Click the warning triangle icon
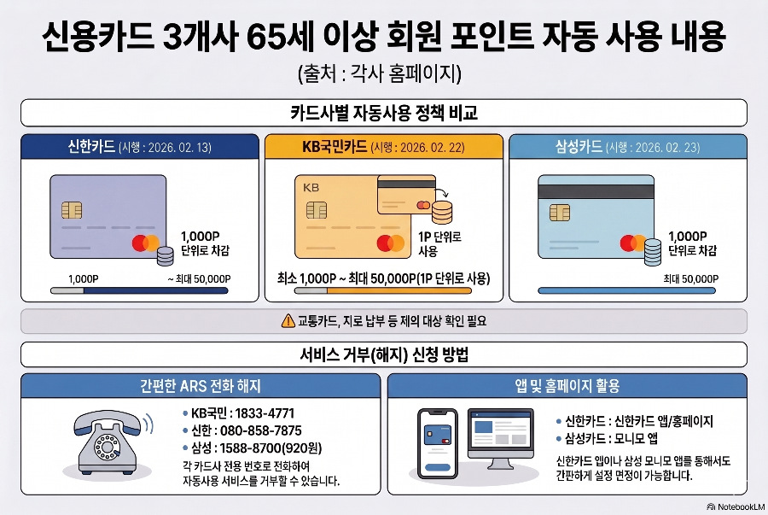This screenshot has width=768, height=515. click(287, 321)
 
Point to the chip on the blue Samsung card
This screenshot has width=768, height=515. click(560, 211)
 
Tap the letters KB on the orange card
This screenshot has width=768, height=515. click(310, 185)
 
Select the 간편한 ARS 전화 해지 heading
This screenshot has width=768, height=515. click(200, 386)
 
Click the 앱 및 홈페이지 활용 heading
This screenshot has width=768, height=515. click(567, 386)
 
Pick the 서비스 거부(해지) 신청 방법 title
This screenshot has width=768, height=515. click(383, 354)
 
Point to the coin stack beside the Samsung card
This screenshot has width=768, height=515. click(653, 249)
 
